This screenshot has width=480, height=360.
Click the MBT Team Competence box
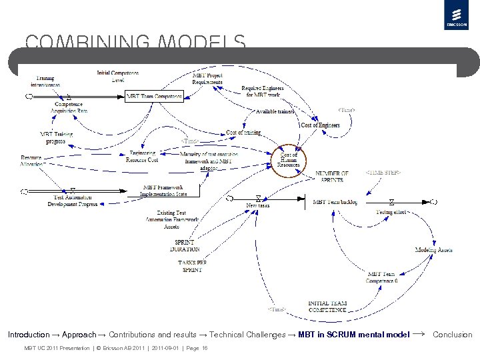coord(154,97)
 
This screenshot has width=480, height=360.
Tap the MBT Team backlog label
coord(335,202)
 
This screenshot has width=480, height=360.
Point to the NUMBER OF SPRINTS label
coord(331,177)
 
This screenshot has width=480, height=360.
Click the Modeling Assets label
coord(433,250)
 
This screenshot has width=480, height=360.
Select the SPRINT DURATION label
coord(185,245)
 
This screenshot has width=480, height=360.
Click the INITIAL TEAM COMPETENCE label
coord(327,307)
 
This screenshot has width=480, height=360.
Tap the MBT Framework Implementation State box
coord(163,191)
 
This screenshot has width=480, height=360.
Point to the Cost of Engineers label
coord(320,125)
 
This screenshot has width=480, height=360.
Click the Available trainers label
coord(275,111)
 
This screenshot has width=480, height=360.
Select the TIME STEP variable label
coord(383,173)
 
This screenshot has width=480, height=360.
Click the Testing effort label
coord(392,212)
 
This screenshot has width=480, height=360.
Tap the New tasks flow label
coord(258,205)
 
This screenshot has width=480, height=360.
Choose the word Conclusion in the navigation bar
coord(452,335)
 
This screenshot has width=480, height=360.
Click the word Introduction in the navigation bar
coord(29,335)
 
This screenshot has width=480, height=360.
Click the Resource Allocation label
coord(31,161)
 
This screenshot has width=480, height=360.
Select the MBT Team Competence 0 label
coord(381,277)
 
